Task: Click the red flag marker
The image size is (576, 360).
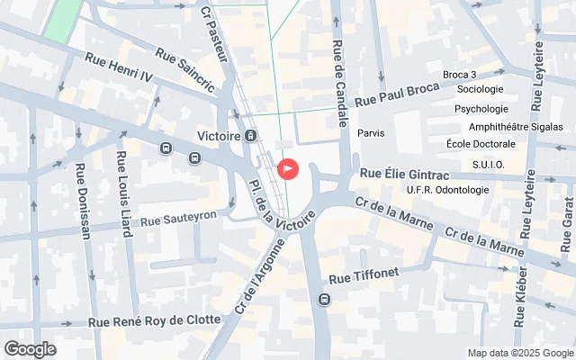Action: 288,168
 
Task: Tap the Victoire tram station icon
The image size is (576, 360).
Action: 250,136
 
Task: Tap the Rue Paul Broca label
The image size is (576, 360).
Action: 397,94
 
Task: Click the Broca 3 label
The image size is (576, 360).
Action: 460,75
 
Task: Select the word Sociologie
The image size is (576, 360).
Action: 480,89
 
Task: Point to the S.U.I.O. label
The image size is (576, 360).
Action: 488,165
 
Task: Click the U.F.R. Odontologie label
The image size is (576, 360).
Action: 448,190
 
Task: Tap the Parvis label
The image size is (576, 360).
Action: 371,133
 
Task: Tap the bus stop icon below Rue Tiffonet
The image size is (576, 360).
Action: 324,299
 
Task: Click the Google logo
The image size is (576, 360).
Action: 31,348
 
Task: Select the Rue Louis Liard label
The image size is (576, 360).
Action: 122,194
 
